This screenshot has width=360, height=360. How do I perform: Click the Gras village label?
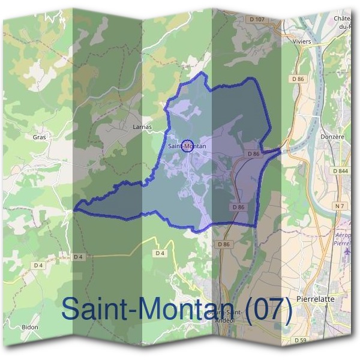click(40, 137)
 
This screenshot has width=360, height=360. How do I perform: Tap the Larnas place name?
click(142, 127)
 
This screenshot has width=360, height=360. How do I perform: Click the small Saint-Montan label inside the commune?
click(187, 146)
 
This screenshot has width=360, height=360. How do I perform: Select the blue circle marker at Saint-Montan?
click(187, 146)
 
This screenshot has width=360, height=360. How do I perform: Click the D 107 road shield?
click(256, 19)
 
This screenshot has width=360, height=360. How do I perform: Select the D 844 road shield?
click(340, 171)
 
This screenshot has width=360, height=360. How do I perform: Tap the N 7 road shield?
click(340, 206)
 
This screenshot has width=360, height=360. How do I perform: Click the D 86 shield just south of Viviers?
click(298, 79)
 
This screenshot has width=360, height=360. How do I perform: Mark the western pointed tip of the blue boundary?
click(74, 209)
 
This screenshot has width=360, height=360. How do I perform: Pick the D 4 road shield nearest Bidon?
click(39, 265)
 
